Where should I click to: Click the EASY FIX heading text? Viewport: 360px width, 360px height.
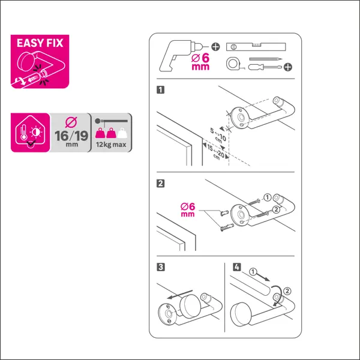click(x=40, y=43)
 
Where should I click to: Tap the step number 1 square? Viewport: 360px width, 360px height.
click(x=160, y=89)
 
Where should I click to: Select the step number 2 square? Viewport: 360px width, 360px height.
click(x=160, y=184)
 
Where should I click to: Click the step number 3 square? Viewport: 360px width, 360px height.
click(x=161, y=267)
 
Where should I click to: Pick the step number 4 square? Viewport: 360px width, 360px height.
click(x=237, y=267)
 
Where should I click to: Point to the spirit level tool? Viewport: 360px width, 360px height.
click(x=256, y=47)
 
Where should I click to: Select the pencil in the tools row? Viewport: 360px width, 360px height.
click(x=266, y=59)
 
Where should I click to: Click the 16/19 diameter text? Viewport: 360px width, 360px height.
click(x=71, y=136)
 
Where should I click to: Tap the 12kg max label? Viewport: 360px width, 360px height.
click(x=111, y=145)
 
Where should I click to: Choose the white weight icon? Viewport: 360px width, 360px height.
click(x=122, y=133)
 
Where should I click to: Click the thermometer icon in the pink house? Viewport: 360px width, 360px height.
click(x=23, y=133)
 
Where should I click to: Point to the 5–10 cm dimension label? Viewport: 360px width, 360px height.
click(x=218, y=135)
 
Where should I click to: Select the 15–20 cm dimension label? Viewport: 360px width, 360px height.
click(x=216, y=152)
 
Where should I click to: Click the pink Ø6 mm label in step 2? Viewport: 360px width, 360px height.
click(x=188, y=209)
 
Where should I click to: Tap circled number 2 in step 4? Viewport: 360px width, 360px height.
click(x=287, y=291)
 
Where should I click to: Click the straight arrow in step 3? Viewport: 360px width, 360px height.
click(x=180, y=295)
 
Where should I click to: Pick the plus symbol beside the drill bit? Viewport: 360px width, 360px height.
click(x=215, y=47)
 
